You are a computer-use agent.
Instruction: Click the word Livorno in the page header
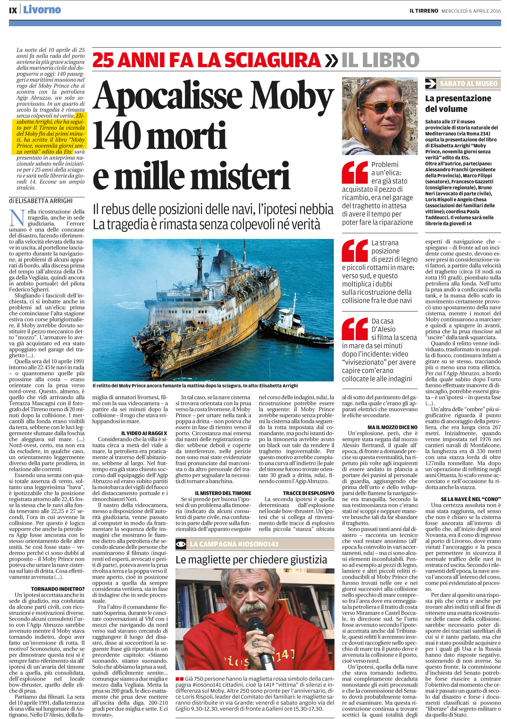coord(42,10)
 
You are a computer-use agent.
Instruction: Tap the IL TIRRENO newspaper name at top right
coord(423,11)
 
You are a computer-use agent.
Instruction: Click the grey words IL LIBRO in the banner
coord(380,60)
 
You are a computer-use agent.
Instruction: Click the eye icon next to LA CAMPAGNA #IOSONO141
coord(181,544)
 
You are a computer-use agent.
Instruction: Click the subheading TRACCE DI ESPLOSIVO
coord(308,493)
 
